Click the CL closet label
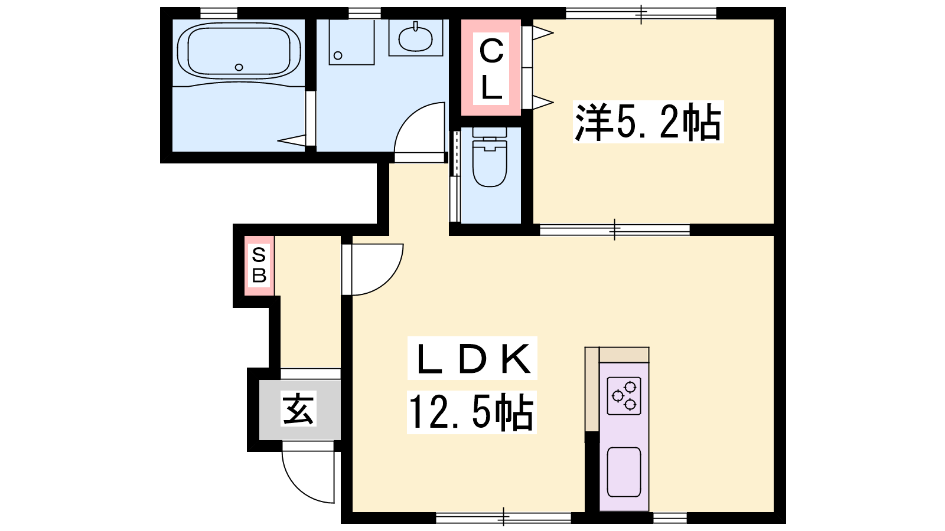click(x=491, y=68)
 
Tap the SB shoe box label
click(x=259, y=266)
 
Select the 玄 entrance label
click(x=298, y=409)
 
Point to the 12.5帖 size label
click(x=471, y=412)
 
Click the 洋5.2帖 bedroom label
click(x=647, y=122)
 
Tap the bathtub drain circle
click(x=239, y=67)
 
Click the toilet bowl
click(x=490, y=163)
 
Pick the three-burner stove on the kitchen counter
click(x=624, y=396)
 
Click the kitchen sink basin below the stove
click(x=624, y=472)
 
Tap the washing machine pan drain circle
click(x=338, y=55)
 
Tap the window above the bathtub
click(x=219, y=14)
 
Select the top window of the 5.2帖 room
click(x=641, y=14)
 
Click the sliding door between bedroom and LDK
click(x=615, y=230)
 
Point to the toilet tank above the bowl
click(x=490, y=132)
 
